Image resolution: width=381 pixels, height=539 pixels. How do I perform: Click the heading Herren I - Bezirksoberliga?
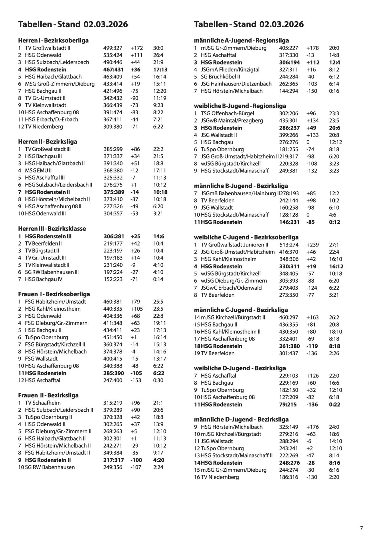53,41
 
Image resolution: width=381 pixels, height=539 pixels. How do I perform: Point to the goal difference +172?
137,48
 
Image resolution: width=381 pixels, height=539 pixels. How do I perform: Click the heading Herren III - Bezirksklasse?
52,229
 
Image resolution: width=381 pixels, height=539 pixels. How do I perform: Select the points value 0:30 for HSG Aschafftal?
158,380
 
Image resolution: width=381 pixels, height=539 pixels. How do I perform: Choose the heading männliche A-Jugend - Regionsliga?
241,41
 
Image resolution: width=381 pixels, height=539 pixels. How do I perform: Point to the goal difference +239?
313,245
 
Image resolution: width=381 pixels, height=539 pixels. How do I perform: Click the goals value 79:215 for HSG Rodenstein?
288,404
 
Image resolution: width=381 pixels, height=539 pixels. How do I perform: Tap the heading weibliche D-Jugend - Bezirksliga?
240,368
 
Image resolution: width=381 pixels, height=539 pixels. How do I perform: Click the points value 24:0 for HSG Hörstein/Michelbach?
334,427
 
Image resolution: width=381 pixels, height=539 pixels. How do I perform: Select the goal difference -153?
136,380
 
